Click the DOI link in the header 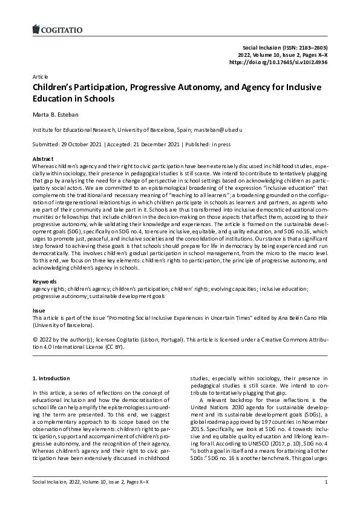click(278, 62)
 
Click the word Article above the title click(41, 78)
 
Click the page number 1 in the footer click(326, 499)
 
